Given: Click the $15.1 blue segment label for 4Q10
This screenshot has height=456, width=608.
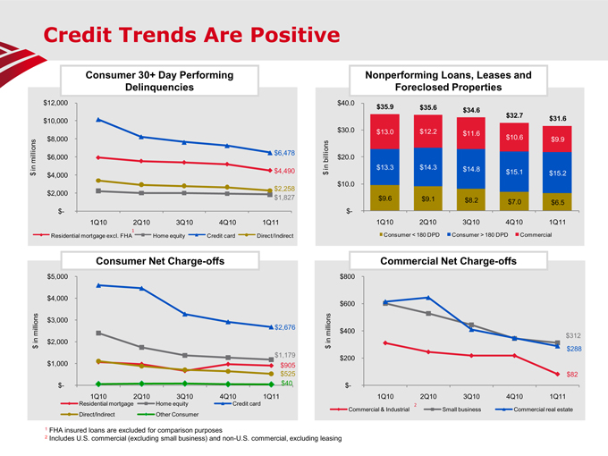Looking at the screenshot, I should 515,172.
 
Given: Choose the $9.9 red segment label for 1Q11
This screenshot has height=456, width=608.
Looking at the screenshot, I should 558,139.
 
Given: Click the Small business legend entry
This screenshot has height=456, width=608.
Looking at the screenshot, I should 461,409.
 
